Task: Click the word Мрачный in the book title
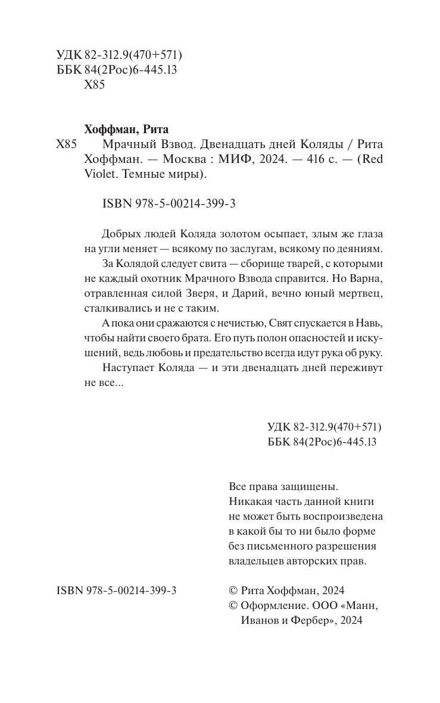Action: [115, 145]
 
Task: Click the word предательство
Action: [246, 352]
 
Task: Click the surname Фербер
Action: [303, 620]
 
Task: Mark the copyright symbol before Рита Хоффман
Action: [233, 591]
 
